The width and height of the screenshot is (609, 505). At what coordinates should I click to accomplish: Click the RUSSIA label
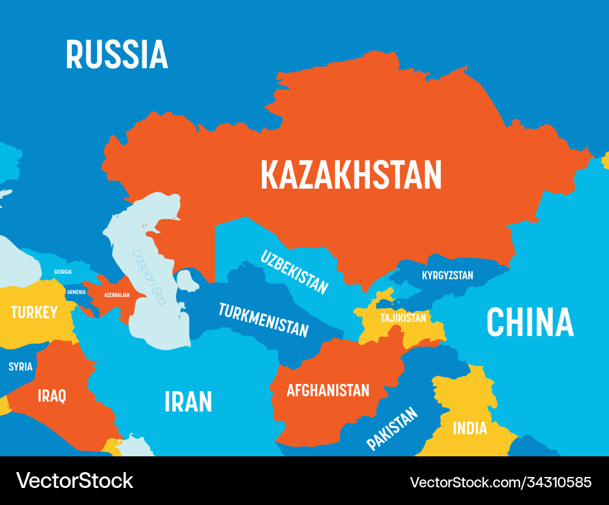[x=116, y=54]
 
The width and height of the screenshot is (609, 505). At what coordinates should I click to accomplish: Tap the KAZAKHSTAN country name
[x=351, y=175]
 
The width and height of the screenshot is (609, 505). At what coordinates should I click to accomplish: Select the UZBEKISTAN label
[x=295, y=272]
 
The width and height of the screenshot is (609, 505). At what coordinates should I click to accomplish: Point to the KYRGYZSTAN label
[x=447, y=276]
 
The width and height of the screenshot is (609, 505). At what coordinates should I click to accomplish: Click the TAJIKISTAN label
[x=403, y=318]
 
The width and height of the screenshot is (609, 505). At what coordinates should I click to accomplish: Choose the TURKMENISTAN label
[x=263, y=319]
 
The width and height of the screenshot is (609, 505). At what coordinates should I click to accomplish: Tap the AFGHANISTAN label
[x=328, y=390]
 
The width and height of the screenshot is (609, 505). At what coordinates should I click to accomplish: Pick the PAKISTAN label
[x=392, y=428]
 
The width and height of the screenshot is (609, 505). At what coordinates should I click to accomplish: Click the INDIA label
[x=470, y=428]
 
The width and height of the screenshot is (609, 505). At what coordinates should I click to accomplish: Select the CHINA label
[x=530, y=322]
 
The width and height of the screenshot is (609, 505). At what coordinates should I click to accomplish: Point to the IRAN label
[x=188, y=402]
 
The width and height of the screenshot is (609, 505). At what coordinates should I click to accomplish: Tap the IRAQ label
[x=52, y=396]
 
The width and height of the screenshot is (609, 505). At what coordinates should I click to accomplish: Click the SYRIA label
[x=20, y=367]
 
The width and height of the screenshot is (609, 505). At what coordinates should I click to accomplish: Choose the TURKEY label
[x=34, y=313]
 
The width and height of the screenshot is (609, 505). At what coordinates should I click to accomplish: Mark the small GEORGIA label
[x=63, y=271]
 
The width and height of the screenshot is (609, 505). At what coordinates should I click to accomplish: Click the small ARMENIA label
[x=76, y=292]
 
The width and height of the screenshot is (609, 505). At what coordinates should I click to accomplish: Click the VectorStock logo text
[x=74, y=480]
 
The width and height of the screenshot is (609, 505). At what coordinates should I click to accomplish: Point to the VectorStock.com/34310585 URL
[x=501, y=482]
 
